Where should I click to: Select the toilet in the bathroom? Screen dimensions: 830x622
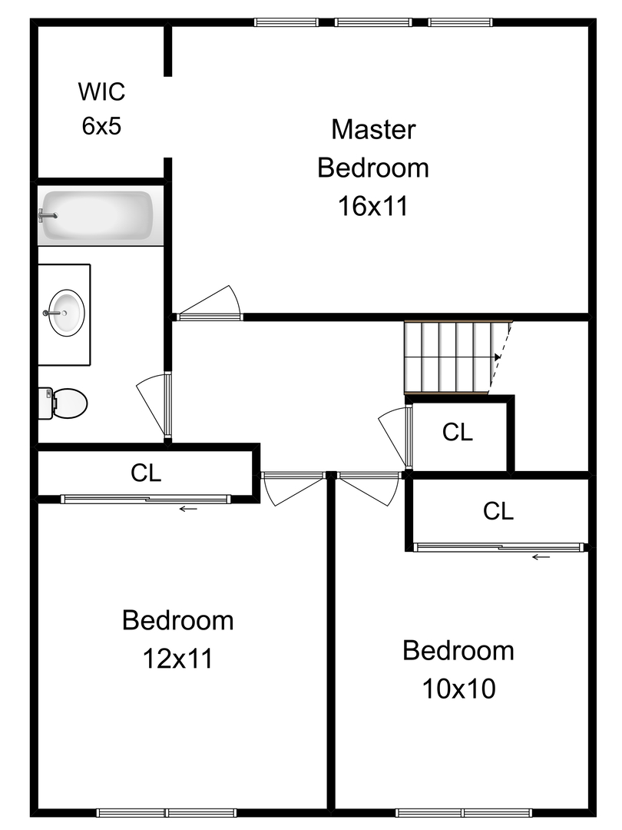65,402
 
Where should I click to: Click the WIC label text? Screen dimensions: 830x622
101,92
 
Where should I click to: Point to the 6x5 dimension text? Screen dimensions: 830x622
101,126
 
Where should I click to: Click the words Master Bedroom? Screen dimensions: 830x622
373,148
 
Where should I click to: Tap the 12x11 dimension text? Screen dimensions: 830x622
177,658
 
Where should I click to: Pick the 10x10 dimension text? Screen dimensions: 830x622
458,689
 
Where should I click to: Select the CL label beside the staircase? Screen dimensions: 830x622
458,433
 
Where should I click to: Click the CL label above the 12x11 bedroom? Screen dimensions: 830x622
146,473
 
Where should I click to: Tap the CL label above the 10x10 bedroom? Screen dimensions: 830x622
498,511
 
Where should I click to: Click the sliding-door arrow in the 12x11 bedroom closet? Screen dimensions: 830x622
188,509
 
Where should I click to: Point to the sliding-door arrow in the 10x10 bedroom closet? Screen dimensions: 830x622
541,557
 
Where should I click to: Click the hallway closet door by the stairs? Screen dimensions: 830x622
395,436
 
